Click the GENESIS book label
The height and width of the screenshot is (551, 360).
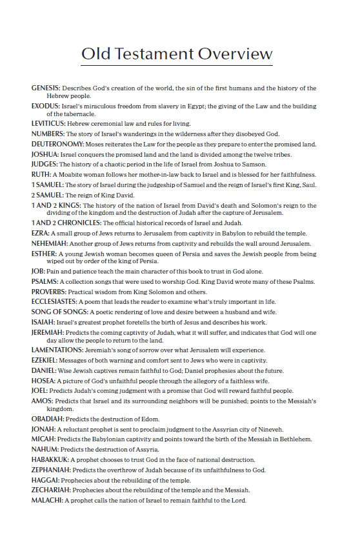[46, 88]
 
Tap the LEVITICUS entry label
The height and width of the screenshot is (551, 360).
[48, 123]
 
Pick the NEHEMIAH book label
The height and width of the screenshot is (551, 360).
[50, 244]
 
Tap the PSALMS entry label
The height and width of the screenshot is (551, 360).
[44, 282]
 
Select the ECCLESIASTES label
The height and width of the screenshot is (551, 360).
[57, 302]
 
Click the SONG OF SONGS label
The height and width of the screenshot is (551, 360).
[57, 312]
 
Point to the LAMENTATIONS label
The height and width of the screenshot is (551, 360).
[57, 350]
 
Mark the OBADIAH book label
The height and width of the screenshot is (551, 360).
[47, 419]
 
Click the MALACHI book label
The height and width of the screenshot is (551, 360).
[46, 501]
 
